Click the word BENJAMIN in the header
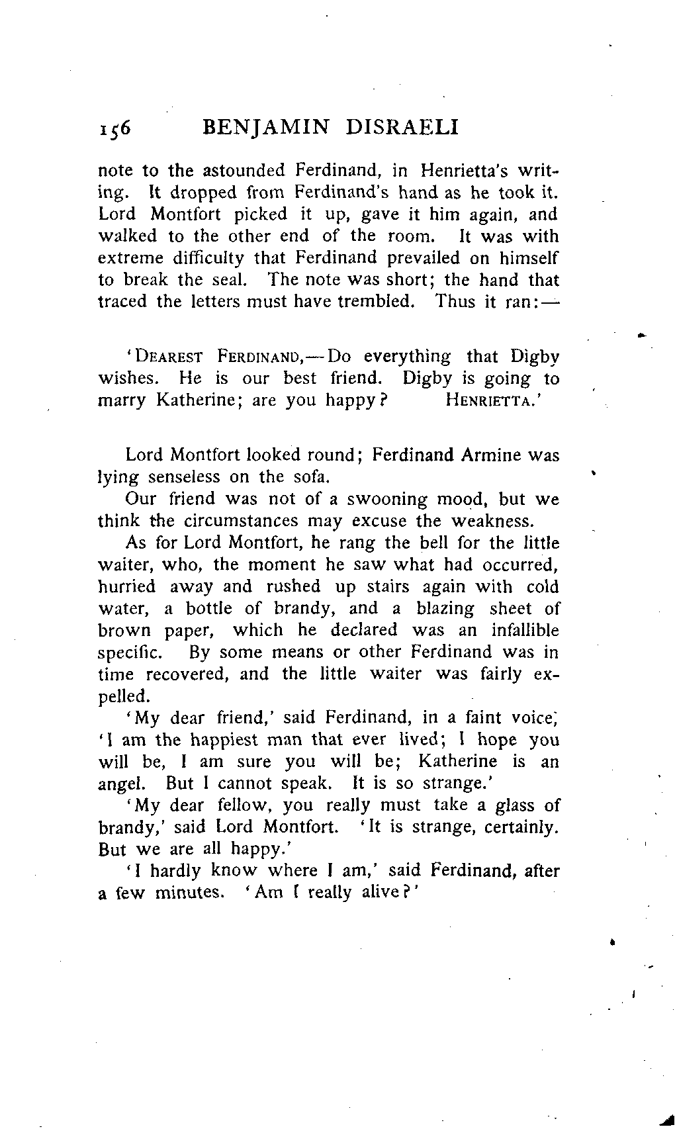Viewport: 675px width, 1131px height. click(264, 126)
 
